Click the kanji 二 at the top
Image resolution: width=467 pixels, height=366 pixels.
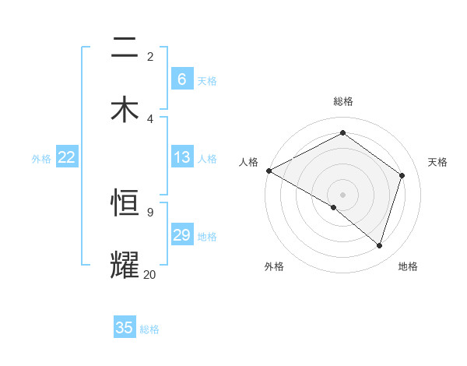pos(125,48)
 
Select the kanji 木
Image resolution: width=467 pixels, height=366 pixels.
pos(125,108)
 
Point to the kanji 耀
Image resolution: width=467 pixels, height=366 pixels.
pos(125,264)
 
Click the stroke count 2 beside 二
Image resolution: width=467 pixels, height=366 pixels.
pos(150,57)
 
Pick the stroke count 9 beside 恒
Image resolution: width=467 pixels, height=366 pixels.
pos(149,212)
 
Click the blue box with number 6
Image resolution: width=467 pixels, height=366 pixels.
pos(181,79)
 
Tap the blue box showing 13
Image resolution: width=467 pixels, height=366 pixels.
pos(181,157)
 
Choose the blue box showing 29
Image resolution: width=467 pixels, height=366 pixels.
pos(181,235)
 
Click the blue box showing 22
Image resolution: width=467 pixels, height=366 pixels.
pos(67,157)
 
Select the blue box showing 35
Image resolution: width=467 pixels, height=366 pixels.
pos(125,328)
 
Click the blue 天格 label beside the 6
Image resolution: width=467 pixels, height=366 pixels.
pos(207,80)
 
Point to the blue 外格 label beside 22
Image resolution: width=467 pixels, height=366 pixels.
pos(42,159)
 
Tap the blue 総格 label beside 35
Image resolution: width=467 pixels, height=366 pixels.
pos(149,329)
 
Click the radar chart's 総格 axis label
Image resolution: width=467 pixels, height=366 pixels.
pos(343,101)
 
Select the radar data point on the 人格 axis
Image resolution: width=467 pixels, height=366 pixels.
pos(269,171)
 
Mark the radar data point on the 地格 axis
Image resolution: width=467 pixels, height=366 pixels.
pos(379,245)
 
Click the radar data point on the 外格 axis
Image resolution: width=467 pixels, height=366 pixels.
pos(334,207)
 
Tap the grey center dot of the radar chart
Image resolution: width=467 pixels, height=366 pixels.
pos(342,194)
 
